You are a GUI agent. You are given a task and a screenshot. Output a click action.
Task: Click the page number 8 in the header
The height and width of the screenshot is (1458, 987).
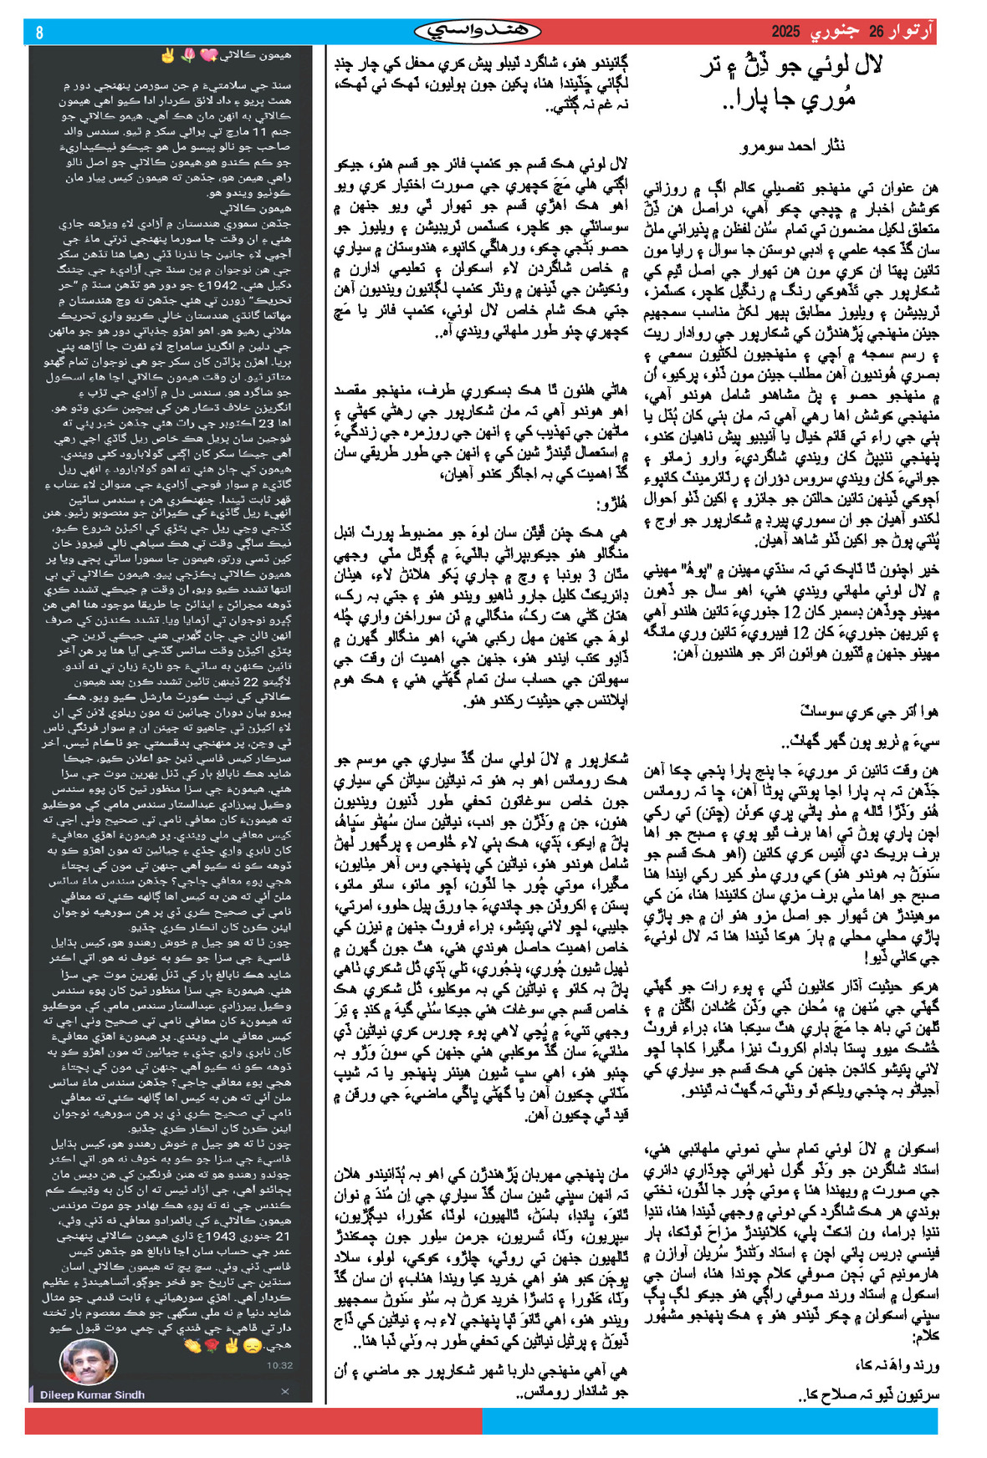pyautogui.click(x=39, y=33)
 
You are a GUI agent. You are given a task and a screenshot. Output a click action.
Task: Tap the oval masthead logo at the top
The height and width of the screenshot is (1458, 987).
pyautogui.click(x=478, y=32)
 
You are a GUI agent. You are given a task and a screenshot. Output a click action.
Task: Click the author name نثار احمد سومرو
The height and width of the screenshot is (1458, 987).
pyautogui.click(x=793, y=146)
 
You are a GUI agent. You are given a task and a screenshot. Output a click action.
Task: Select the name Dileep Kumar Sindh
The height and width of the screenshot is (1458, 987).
pyautogui.click(x=92, y=1394)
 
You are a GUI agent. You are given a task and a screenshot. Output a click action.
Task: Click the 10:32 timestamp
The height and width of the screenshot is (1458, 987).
pyautogui.click(x=279, y=1365)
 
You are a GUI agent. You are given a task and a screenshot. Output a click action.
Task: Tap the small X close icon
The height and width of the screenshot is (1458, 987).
pyautogui.click(x=284, y=1391)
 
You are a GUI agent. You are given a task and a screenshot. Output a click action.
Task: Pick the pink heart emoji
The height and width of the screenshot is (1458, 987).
pyautogui.click(x=208, y=56)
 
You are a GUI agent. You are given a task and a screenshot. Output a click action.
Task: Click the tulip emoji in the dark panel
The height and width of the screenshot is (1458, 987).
pyautogui.click(x=187, y=56)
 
